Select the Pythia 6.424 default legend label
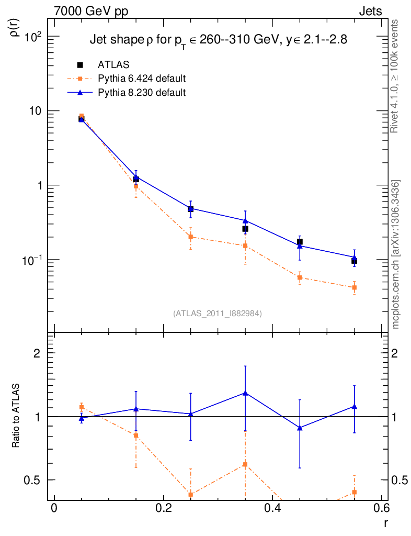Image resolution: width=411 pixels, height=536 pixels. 142,79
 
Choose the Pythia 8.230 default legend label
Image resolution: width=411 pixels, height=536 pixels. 142,93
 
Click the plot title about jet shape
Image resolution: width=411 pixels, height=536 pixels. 218,40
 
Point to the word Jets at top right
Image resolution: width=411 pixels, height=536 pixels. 370,11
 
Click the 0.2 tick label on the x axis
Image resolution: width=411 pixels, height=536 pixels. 163,510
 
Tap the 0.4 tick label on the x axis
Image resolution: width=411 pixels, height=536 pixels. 272,510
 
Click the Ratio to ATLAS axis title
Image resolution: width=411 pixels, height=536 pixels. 16,417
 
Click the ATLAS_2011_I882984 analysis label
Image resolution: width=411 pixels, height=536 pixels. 218,314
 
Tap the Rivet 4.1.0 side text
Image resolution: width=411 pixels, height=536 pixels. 396,76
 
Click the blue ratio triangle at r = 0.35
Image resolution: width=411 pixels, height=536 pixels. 245,393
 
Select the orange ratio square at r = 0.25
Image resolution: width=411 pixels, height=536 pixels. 191,495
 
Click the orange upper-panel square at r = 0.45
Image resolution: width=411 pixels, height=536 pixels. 300,277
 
